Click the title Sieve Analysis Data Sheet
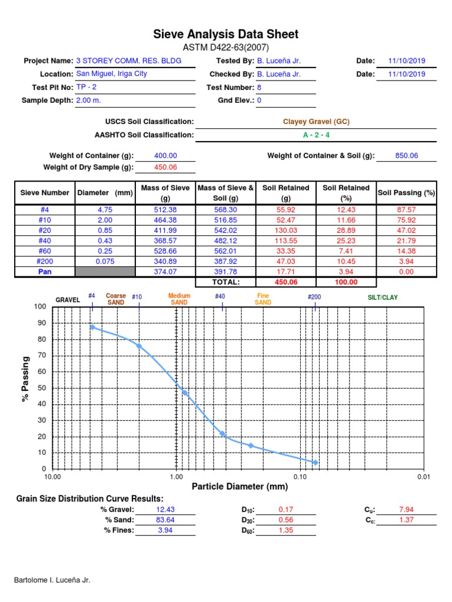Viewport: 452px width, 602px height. [x=226, y=34]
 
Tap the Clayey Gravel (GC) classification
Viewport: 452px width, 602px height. [x=316, y=122]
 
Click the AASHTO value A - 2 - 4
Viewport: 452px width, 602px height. [x=316, y=135]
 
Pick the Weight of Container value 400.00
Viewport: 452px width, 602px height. [x=165, y=156]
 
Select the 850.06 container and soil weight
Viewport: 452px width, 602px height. [x=406, y=156]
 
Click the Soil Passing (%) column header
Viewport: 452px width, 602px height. [x=406, y=193]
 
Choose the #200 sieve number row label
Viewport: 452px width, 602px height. [x=45, y=262]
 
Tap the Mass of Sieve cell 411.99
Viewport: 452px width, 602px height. [x=165, y=230]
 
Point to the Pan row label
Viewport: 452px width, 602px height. [x=45, y=272]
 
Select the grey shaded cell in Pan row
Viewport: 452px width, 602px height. [x=105, y=272]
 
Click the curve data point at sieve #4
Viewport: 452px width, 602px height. [x=92, y=327]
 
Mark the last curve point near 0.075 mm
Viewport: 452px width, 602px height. [x=315, y=463]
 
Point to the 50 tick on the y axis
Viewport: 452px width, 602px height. [x=42, y=388]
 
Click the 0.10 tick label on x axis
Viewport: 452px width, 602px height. [x=300, y=477]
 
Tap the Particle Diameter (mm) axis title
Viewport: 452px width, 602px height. [x=240, y=487]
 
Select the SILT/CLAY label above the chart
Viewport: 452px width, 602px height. [x=382, y=298]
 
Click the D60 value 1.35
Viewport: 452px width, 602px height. [x=285, y=530]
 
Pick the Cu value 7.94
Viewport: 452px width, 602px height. [x=406, y=510]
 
